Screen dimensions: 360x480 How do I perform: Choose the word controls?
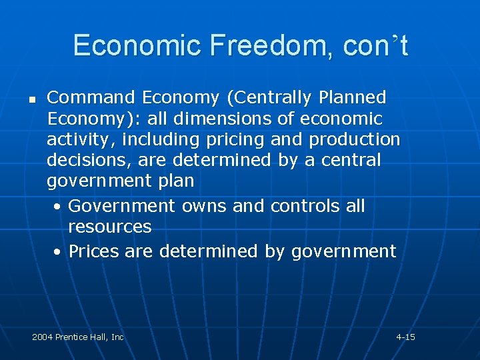click(305, 206)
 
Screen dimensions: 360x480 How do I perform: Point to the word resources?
click(110, 227)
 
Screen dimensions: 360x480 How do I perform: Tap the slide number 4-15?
click(405, 337)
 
